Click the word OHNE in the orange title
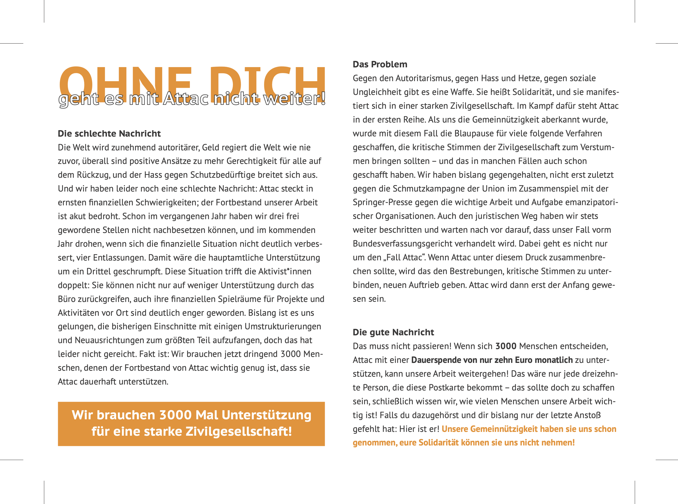pos(125,80)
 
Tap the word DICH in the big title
pos(267,80)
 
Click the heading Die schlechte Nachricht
pos(109,134)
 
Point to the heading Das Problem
pos(380,64)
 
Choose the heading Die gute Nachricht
pos(393,332)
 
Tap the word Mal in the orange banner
pos(206,415)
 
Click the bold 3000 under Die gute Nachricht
pos(506,346)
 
